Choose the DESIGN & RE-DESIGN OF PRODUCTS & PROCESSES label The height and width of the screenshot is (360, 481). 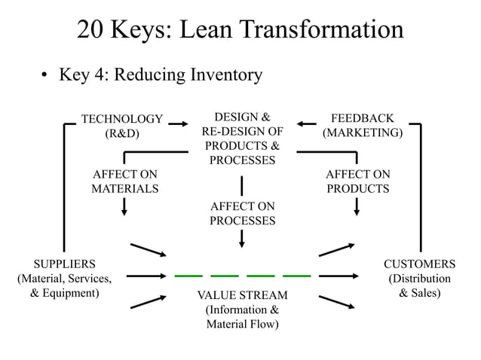241,139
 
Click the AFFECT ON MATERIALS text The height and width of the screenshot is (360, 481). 124,182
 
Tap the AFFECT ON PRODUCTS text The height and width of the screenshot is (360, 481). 358,182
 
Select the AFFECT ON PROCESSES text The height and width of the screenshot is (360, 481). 242,213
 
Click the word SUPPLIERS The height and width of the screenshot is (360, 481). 64,264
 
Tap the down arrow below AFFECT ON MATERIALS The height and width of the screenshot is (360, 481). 124,206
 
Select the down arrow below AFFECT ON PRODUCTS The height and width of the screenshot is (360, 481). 356,206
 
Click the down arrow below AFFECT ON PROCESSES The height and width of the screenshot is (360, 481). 241,238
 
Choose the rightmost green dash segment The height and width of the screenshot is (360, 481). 296,274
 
